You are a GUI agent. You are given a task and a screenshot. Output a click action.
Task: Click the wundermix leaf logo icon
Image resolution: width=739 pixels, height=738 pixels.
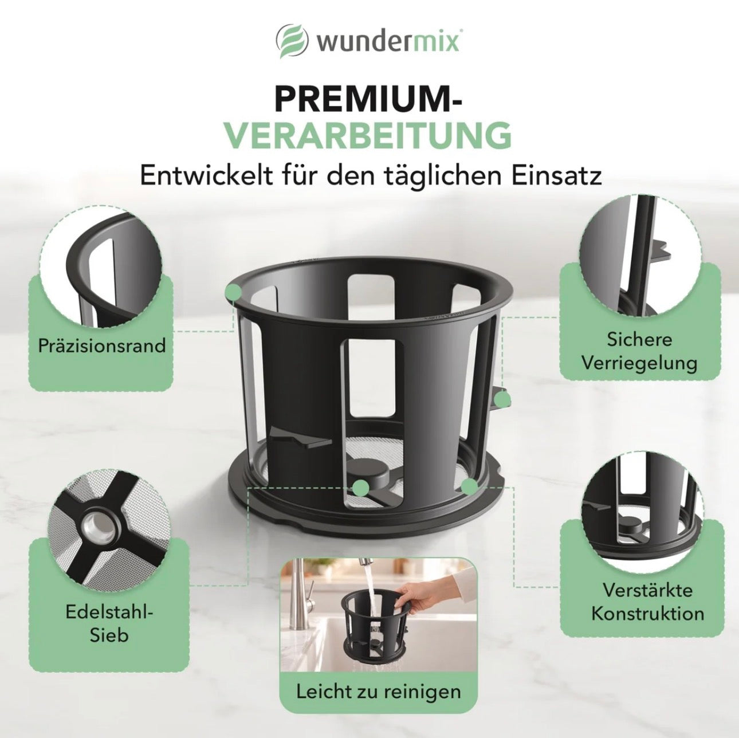[x=292, y=42]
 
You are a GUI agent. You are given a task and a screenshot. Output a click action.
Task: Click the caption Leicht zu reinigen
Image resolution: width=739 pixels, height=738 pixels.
[x=379, y=670]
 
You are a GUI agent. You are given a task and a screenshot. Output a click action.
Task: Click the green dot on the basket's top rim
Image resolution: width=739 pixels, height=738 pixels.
[x=234, y=292]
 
